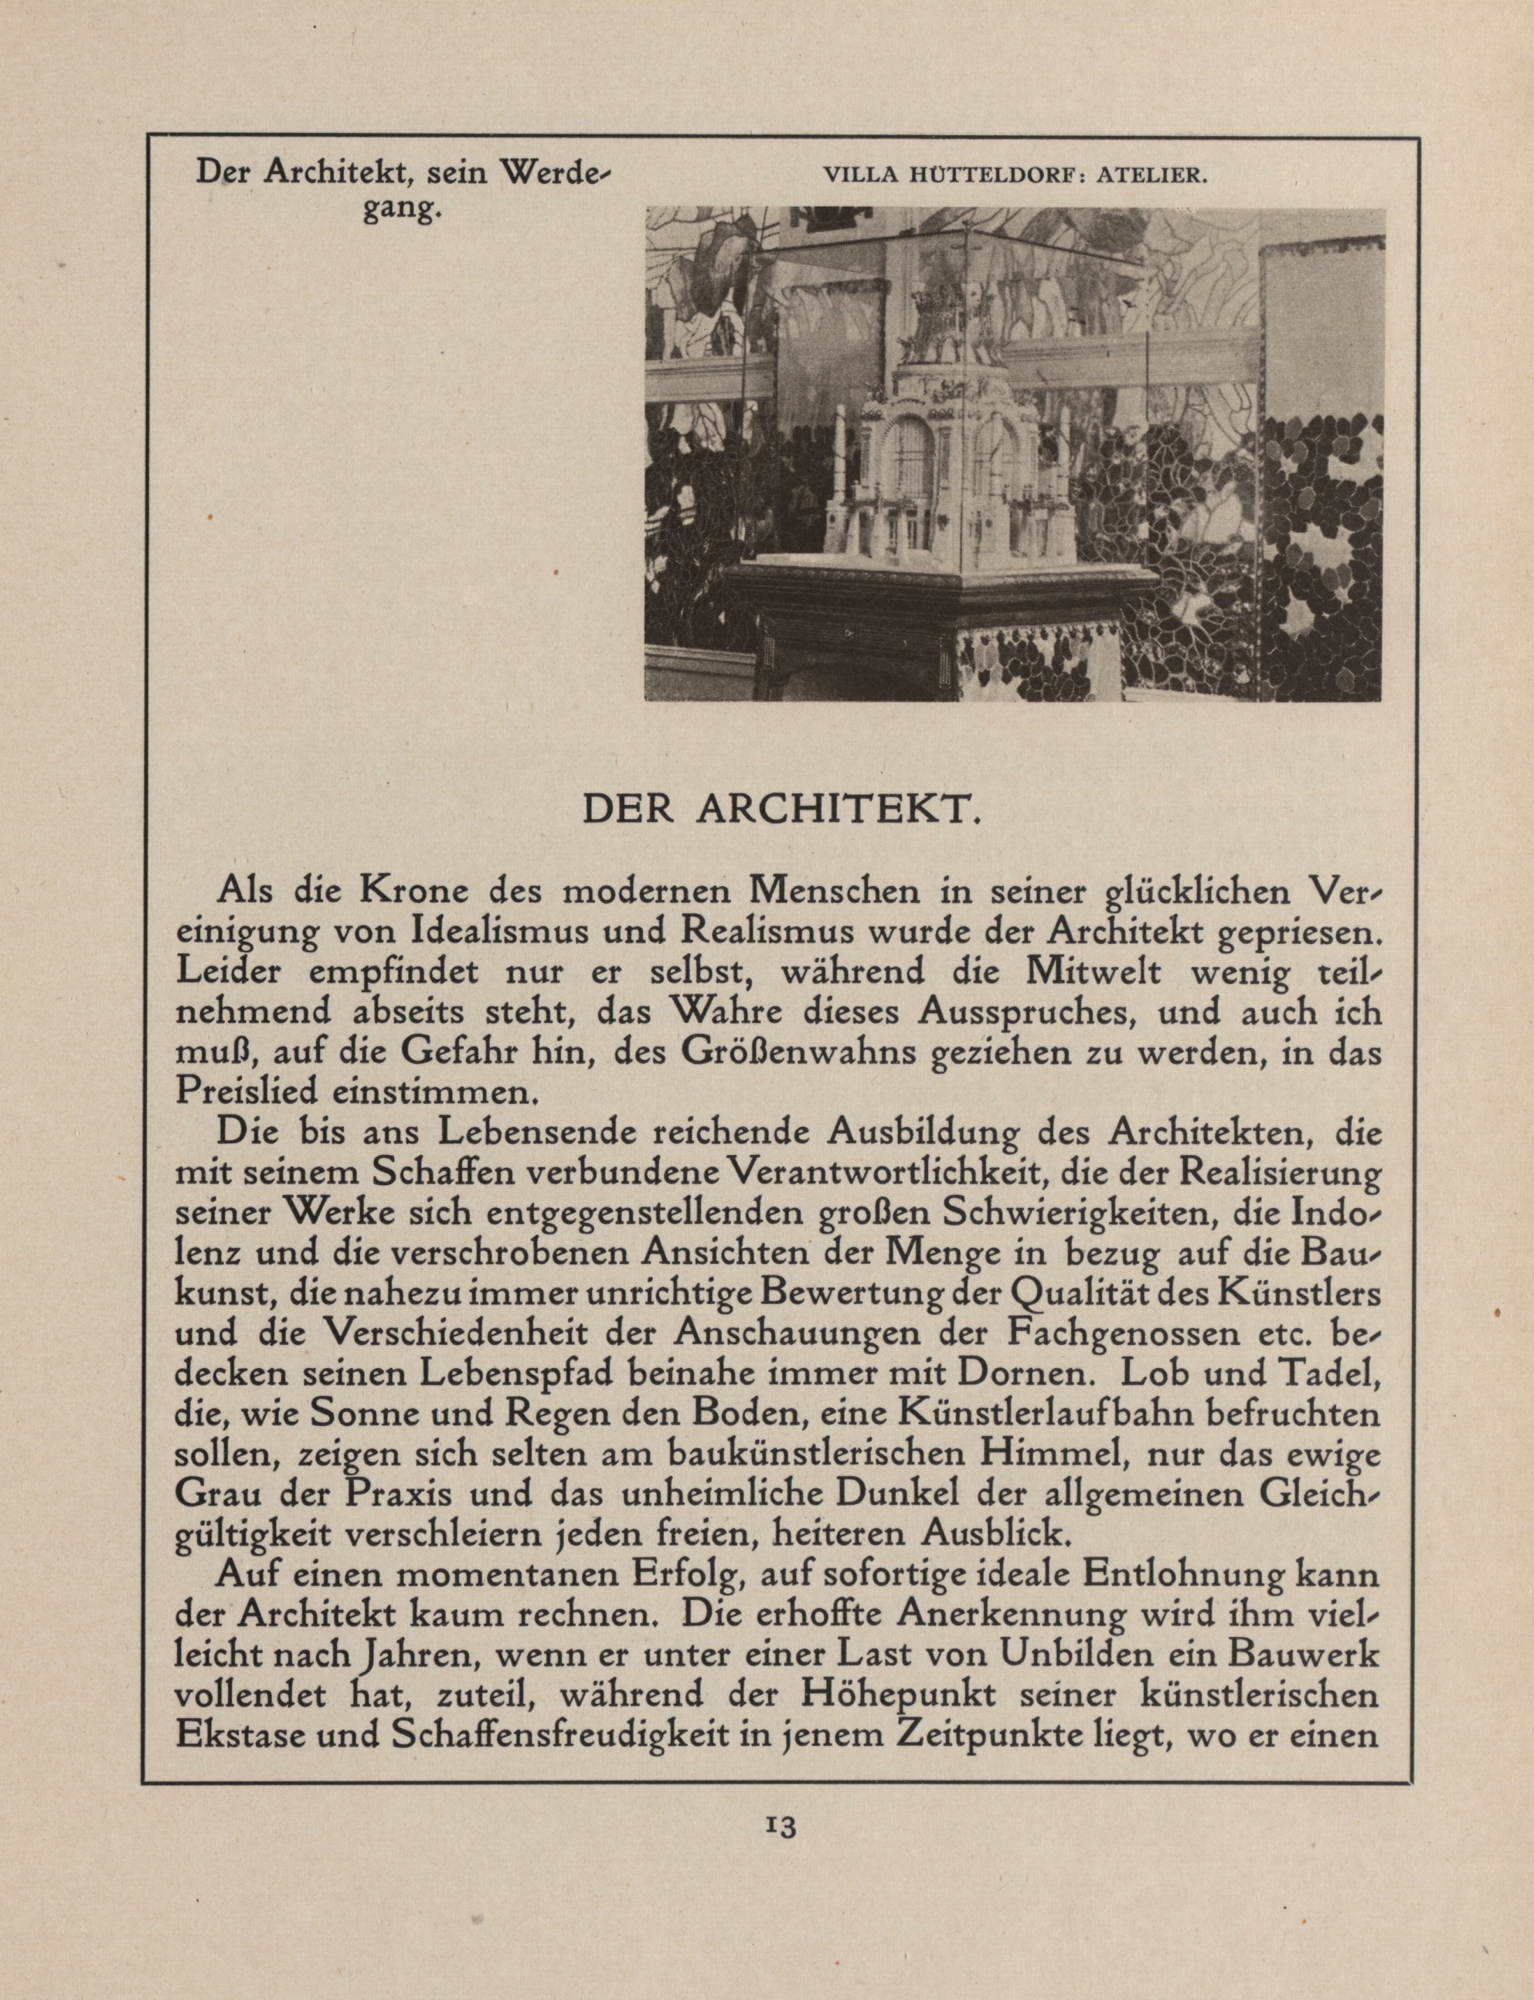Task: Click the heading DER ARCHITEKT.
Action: click(x=781, y=810)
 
